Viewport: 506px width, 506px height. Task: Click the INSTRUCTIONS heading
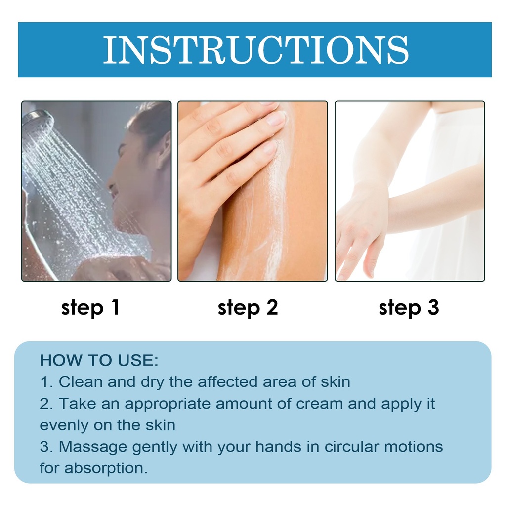[255, 50]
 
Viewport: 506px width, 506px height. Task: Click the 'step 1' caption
[90, 307]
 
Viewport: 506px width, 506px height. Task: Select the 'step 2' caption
[248, 307]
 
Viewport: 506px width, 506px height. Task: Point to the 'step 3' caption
[409, 307]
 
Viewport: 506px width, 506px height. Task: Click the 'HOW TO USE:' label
[99, 360]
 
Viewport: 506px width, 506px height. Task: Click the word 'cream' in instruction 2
[320, 404]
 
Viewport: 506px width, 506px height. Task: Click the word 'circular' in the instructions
[351, 447]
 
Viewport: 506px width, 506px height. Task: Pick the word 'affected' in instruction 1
[228, 382]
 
